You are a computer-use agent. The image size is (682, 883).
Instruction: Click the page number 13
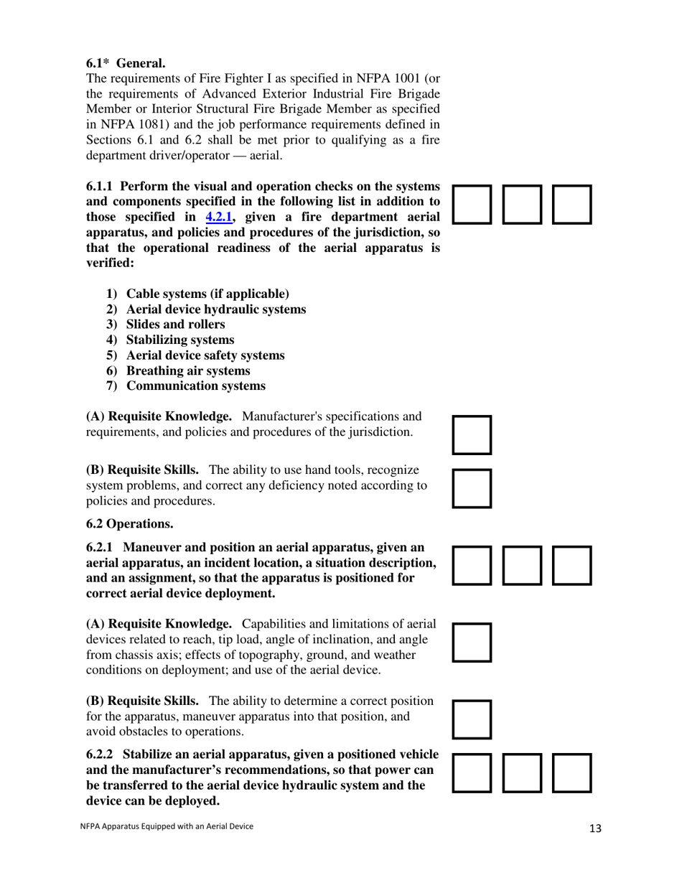pos(595,828)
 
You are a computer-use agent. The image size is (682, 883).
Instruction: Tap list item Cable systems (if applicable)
pos(207,294)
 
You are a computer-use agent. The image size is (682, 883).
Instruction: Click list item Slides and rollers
pos(175,324)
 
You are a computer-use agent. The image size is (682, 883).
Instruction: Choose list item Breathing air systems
pos(188,370)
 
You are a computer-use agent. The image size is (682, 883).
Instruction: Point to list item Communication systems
pos(195,386)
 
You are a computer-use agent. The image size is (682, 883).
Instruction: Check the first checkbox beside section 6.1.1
pos(472,205)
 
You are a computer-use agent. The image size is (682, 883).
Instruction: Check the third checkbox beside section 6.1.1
pos(572,205)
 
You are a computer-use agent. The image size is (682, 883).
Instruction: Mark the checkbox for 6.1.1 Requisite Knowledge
pos(472,434)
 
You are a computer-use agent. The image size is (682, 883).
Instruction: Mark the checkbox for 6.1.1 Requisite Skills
pos(472,488)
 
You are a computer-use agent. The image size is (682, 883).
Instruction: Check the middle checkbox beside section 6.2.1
pos(523,566)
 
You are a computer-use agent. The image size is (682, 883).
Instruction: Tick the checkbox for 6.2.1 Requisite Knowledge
pos(472,642)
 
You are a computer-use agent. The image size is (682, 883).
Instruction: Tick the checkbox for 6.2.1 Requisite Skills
pos(472,719)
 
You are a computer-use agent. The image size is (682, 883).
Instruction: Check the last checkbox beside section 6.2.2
pos(572,772)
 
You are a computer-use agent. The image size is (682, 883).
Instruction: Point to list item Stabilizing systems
pos(179,340)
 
